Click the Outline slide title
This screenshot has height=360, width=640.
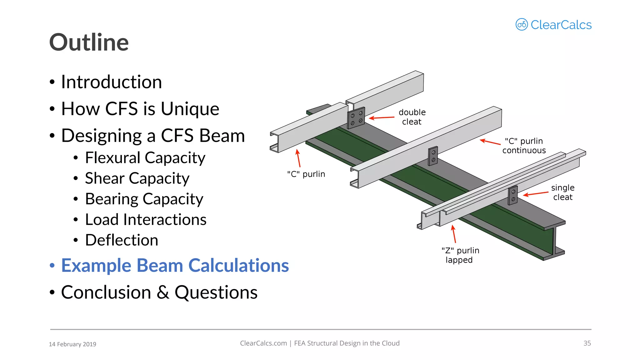89,42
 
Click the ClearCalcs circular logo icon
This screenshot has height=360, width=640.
522,24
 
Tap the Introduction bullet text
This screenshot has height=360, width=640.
111,82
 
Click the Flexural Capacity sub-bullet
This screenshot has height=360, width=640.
145,157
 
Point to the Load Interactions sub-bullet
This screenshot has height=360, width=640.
146,219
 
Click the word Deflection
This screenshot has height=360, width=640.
122,240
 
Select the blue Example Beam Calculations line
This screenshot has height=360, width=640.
175,265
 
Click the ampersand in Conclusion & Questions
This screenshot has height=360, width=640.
163,292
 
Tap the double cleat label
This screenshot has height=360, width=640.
412,117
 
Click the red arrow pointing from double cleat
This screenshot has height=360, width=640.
382,118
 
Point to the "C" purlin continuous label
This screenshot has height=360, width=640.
524,146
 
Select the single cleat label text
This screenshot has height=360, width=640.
562,192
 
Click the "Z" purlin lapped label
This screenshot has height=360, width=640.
460,255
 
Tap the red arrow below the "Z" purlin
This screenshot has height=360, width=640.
454,234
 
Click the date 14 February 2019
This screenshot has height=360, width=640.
72,344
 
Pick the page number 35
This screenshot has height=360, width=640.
587,343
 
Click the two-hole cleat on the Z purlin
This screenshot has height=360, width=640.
513,195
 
